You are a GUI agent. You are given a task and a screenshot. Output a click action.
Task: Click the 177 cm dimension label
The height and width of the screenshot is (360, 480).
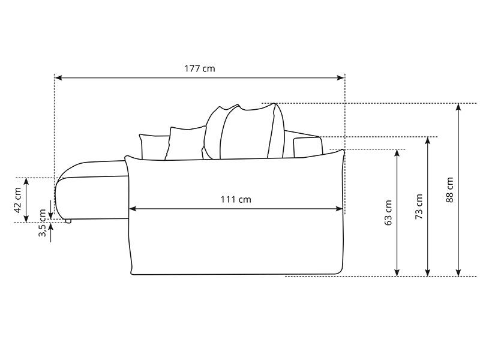200,68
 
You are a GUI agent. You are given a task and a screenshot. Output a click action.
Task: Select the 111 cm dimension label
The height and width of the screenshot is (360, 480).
236,200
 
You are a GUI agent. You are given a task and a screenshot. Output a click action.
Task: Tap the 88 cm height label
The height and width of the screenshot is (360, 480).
449,190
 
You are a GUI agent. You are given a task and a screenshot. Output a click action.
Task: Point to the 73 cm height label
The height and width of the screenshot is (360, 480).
419,206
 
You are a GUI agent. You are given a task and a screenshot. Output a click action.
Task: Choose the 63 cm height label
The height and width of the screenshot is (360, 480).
388,213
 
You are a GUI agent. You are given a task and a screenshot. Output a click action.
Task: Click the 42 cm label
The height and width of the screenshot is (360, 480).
17,200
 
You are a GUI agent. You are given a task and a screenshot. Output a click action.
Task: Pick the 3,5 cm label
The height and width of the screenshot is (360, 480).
42,223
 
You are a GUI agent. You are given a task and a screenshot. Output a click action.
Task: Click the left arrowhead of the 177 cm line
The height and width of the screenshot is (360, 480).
58,78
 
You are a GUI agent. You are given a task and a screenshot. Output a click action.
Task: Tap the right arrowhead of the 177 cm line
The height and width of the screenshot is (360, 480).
340,78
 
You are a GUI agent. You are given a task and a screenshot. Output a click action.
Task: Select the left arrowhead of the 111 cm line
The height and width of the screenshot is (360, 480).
133,209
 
